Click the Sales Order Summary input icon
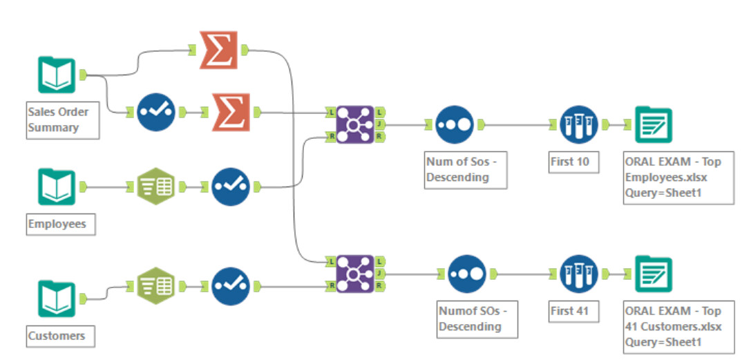coord(56,75)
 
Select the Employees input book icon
coord(56,187)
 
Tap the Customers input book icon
coord(56,299)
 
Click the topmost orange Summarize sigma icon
coord(218,50)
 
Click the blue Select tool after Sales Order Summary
coord(156,112)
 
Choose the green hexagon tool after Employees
coord(156,187)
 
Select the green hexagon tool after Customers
coord(156,286)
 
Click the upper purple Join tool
coord(355,124)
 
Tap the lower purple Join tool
coord(355,274)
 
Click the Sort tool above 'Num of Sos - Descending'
coord(455,124)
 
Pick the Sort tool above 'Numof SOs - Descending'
coord(467,274)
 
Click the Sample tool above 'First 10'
coord(579,124)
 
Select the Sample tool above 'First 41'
coord(579,274)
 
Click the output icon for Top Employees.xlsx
coord(653,124)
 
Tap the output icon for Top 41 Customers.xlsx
coord(653,274)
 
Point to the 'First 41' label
coord(570,311)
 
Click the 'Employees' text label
coord(57,224)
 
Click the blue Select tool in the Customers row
coord(230,286)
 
